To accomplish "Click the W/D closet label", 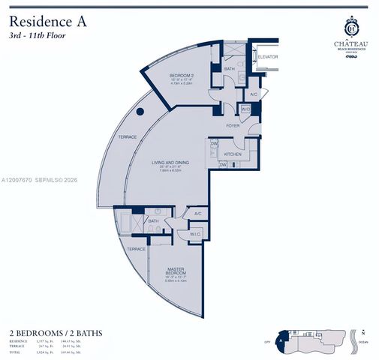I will pyautogui.click(x=245, y=110).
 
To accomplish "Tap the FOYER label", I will pyautogui.click(x=233, y=125).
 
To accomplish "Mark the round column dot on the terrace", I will pyautogui.click(x=140, y=112).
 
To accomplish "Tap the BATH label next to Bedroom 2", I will pyautogui.click(x=230, y=69).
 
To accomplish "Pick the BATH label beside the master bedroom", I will pyautogui.click(x=153, y=221).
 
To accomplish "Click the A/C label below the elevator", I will pyautogui.click(x=254, y=95).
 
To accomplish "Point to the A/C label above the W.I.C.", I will pyautogui.click(x=197, y=214).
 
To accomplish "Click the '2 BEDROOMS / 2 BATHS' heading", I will pyautogui.click(x=56, y=331).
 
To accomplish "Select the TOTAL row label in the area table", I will pyautogui.click(x=15, y=351).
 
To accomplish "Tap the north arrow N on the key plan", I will pyautogui.click(x=364, y=331).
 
